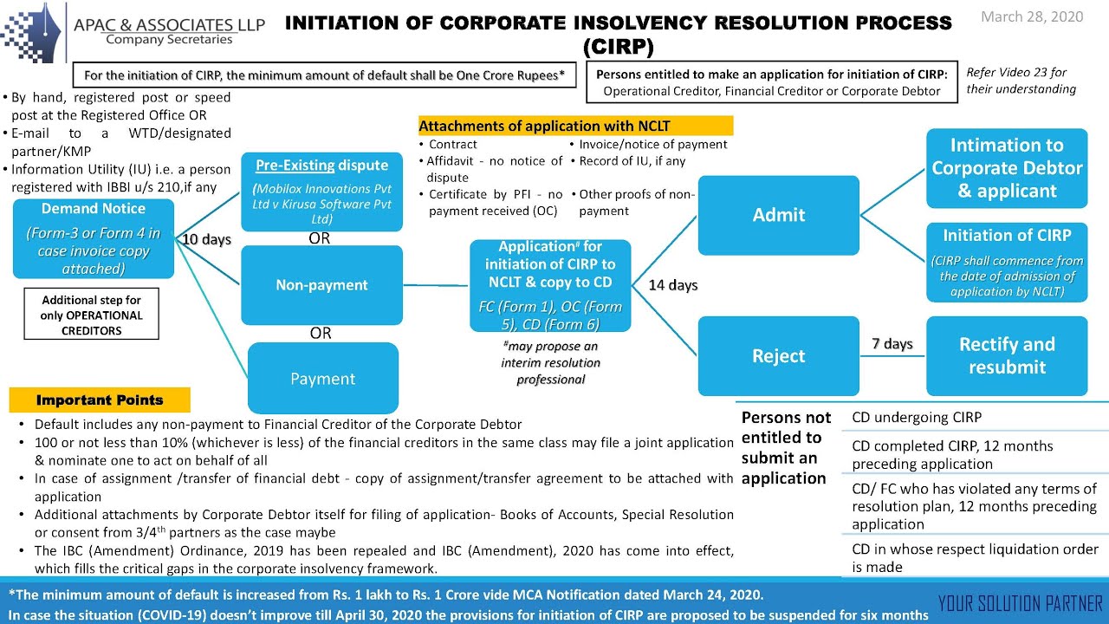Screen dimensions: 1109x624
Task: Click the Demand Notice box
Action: [94, 238]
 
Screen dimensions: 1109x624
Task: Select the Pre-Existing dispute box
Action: [321, 192]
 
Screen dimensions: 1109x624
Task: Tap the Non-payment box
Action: [321, 285]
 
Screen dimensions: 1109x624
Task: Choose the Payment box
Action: [322, 379]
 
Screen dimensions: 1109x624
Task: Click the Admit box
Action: [778, 215]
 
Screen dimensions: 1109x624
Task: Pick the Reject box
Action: [778, 356]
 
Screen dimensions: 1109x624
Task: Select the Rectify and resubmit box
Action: [1007, 355]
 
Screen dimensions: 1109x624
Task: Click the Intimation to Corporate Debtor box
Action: [1007, 168]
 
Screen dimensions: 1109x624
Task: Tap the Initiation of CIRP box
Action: [1007, 263]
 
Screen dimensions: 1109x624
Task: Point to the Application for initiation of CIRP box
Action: [550, 285]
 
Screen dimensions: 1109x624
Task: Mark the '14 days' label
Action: [673, 285]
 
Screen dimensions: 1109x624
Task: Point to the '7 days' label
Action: [892, 344]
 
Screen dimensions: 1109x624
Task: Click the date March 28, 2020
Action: [1032, 17]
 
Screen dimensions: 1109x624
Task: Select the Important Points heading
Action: [100, 400]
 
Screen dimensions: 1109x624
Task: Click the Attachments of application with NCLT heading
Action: [575, 126]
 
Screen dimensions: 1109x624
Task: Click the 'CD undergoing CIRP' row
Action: [917, 418]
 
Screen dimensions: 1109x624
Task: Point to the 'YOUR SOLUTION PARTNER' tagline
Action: [1020, 604]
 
